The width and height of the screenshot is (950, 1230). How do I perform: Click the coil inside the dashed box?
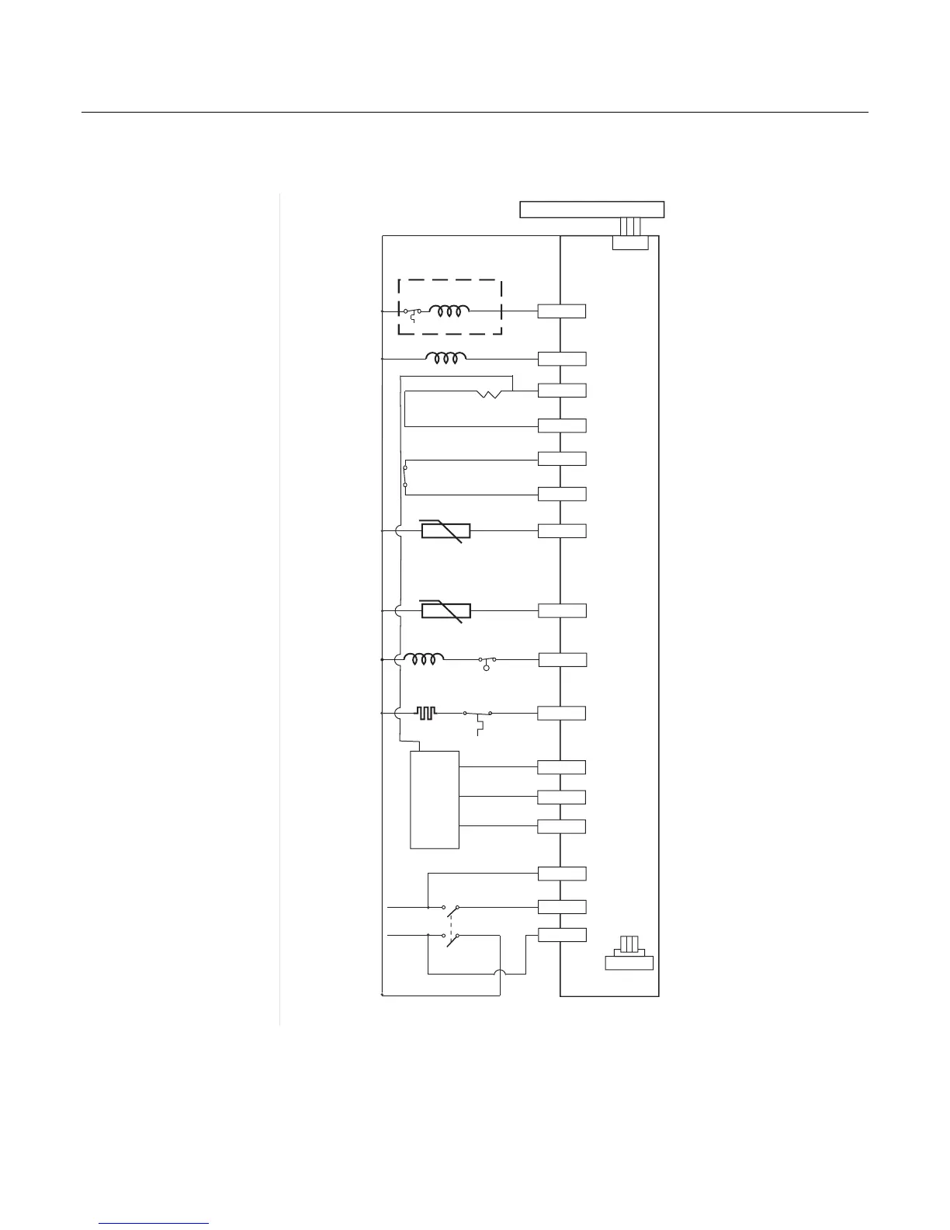pos(452,311)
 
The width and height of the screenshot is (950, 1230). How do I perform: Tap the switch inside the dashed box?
pos(412,313)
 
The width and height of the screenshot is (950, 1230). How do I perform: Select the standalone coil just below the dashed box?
pos(446,358)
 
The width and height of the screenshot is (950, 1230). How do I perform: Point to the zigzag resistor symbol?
pos(490,394)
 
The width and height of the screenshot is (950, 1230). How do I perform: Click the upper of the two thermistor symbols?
pos(445,530)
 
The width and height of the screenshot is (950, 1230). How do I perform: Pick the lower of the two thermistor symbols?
pos(446,611)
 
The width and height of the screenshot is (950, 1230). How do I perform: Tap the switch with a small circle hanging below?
pos(487,662)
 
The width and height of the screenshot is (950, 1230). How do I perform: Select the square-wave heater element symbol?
pos(426,712)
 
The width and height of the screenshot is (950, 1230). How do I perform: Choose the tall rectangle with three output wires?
pos(435,800)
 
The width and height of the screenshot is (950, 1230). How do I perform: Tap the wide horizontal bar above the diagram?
pos(591,209)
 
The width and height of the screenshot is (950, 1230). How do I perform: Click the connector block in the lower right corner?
pos(629,955)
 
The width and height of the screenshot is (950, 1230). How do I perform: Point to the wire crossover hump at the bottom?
pos(501,974)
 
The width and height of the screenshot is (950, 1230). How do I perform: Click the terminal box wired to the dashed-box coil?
pos(562,311)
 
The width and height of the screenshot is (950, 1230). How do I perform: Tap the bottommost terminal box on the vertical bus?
pos(562,935)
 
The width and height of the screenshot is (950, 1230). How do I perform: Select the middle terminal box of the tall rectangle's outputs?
pos(562,797)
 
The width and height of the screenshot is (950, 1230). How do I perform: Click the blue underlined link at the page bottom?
pos(154,1223)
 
